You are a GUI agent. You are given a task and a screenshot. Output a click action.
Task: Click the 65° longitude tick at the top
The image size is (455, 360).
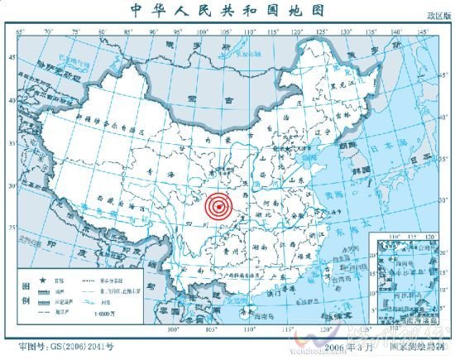coord(20,32)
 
